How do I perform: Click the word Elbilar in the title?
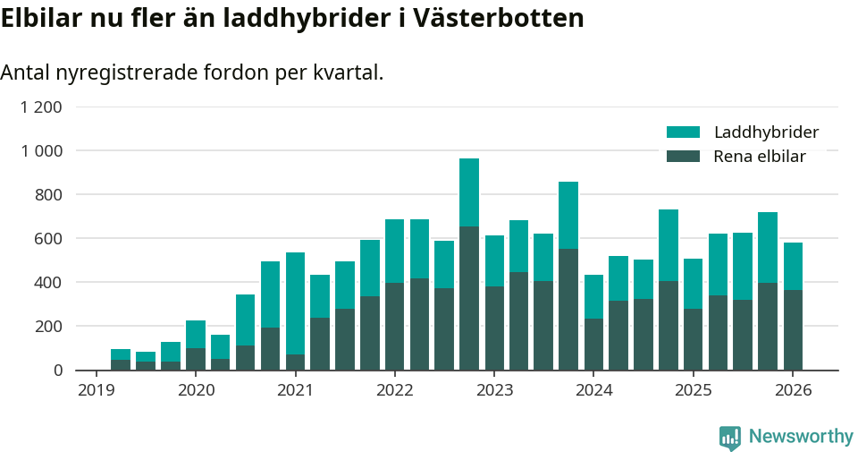(x=41, y=19)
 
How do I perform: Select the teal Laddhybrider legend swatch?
(x=684, y=132)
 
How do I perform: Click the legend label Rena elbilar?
(x=760, y=157)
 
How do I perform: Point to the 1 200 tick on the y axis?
(x=41, y=107)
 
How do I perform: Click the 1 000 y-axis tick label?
(x=41, y=151)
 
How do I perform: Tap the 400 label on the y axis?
(x=48, y=282)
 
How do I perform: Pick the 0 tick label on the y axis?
(x=57, y=370)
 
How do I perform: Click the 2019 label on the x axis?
(x=97, y=390)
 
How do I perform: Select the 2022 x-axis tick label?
(x=394, y=390)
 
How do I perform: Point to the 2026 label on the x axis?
(x=793, y=390)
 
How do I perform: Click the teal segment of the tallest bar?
(x=469, y=192)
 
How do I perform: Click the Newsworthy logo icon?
(x=729, y=437)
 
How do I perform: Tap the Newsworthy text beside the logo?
(x=801, y=437)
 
